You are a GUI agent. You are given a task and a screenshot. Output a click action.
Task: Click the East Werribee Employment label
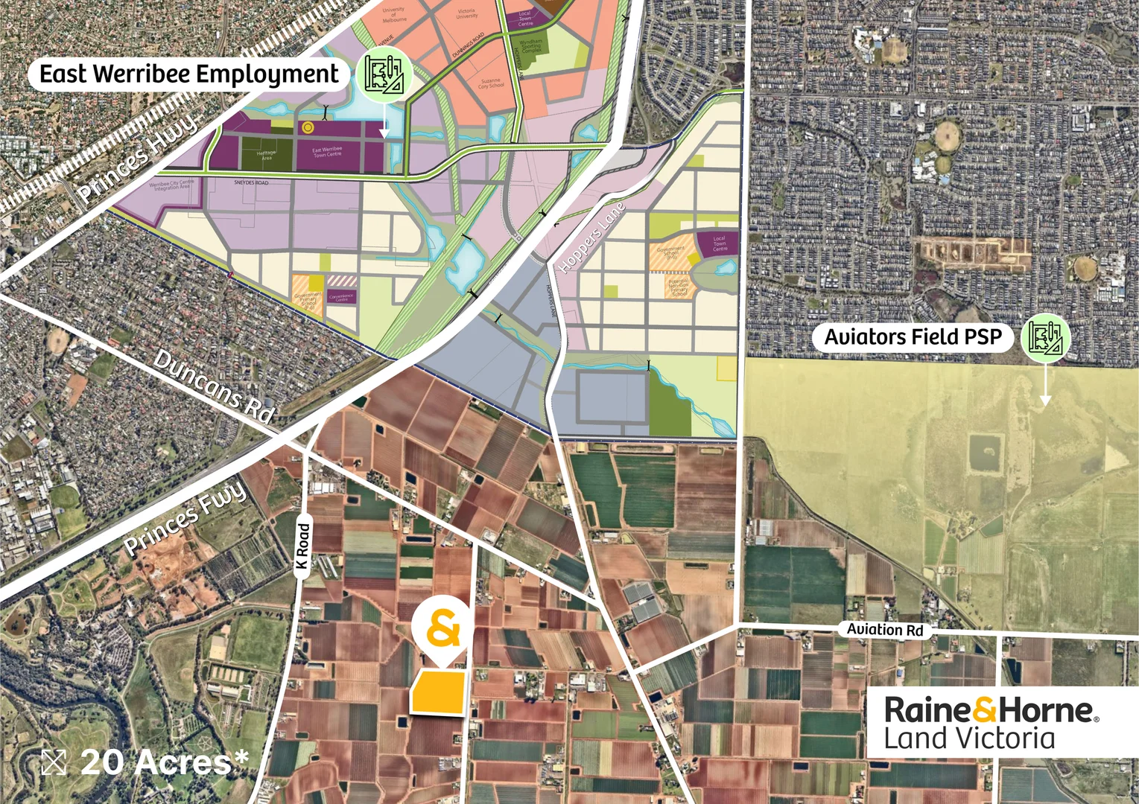tap(188, 74)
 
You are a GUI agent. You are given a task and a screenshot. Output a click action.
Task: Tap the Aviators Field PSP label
tap(913, 337)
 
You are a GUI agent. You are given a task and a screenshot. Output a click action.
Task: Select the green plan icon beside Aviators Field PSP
tap(1046, 338)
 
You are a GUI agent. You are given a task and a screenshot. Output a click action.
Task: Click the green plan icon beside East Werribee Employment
tap(384, 74)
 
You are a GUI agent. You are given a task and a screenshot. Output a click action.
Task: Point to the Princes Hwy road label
tap(138, 157)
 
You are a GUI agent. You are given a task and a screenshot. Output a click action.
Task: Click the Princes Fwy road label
tap(184, 518)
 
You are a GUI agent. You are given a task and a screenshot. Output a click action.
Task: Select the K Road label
tap(302, 546)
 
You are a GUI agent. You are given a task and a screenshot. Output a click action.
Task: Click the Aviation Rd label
tap(884, 630)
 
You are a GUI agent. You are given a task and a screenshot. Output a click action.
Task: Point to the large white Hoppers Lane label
tap(591, 237)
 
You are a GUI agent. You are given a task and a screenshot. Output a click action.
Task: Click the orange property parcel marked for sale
tap(440, 693)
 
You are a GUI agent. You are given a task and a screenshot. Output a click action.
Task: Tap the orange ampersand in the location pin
tap(442, 629)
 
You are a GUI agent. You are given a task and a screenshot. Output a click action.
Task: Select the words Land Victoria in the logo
tap(969, 739)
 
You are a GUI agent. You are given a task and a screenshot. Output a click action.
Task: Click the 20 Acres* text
tap(164, 762)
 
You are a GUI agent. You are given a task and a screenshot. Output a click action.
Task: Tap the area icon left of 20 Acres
tap(54, 762)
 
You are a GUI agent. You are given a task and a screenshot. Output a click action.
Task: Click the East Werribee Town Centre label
tap(327, 152)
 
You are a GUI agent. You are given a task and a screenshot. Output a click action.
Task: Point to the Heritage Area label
tap(266, 155)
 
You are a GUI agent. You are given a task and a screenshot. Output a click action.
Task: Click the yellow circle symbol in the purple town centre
tap(308, 127)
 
